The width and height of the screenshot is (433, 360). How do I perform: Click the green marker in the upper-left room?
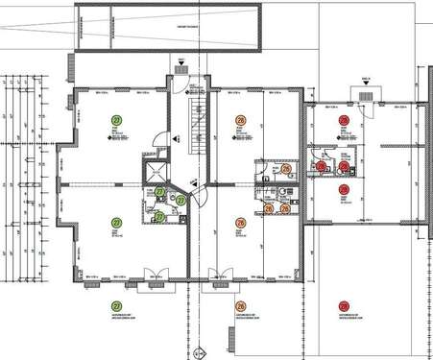point(117,118)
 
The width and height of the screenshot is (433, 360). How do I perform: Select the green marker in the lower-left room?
point(117,222)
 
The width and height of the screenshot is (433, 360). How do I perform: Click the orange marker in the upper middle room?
point(240,120)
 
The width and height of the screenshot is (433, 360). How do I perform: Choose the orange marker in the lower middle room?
point(240,222)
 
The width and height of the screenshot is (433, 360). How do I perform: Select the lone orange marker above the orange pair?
point(287,169)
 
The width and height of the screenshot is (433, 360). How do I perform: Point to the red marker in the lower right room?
point(343,190)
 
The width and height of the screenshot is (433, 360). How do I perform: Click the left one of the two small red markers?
point(322,166)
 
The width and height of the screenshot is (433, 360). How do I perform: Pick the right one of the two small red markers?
point(344,166)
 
